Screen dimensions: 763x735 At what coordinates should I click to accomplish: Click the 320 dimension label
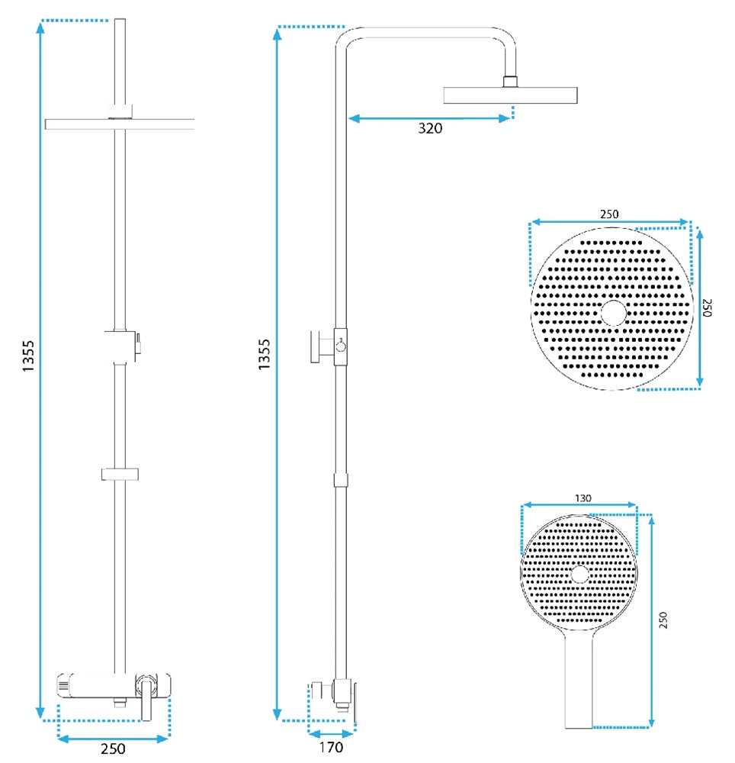click(x=430, y=129)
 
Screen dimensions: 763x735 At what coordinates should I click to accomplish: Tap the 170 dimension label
click(x=330, y=748)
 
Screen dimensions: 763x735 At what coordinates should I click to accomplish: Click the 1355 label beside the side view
click(x=265, y=356)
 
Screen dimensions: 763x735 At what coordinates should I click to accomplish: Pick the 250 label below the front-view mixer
click(x=113, y=749)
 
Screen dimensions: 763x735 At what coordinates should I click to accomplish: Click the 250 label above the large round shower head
click(x=608, y=214)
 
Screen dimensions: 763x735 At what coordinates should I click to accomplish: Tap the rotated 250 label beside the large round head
click(x=707, y=307)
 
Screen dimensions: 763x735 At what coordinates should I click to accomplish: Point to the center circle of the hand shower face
click(x=579, y=574)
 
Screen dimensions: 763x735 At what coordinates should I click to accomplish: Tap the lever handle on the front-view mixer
click(x=145, y=698)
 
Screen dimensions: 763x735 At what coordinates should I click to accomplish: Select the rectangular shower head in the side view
click(x=510, y=95)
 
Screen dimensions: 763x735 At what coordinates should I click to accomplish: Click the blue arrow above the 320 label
click(x=429, y=118)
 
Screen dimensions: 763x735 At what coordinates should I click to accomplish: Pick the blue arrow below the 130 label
click(x=579, y=505)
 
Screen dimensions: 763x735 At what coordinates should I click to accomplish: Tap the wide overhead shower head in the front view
click(x=120, y=124)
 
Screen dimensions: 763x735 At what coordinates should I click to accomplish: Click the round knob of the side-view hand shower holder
click(x=341, y=346)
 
